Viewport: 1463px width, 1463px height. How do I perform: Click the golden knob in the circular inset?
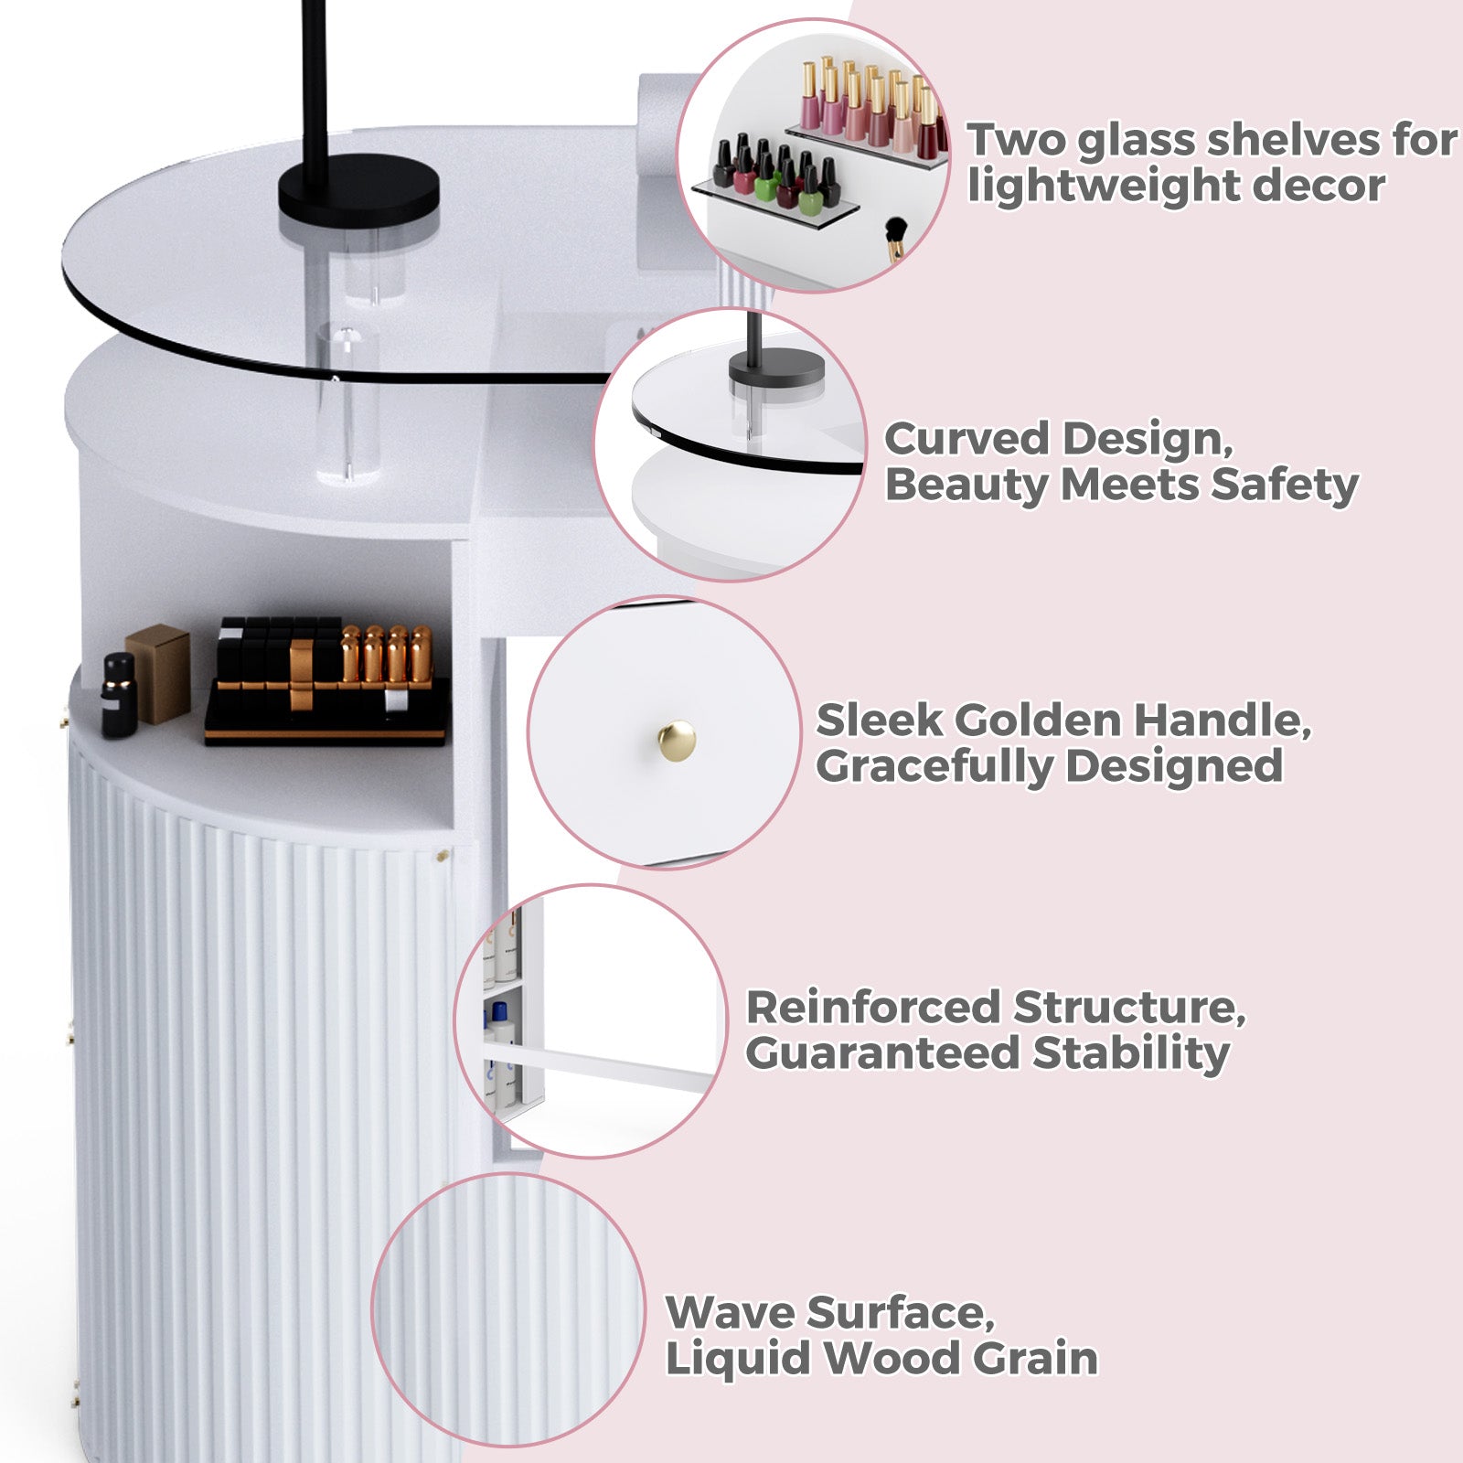pyautogui.click(x=677, y=739)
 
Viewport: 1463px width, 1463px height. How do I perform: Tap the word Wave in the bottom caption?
pyautogui.click(x=730, y=1313)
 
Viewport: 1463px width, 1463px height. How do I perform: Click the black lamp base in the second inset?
pyautogui.click(x=776, y=370)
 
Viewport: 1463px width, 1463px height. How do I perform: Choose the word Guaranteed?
pyautogui.click(x=881, y=1053)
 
